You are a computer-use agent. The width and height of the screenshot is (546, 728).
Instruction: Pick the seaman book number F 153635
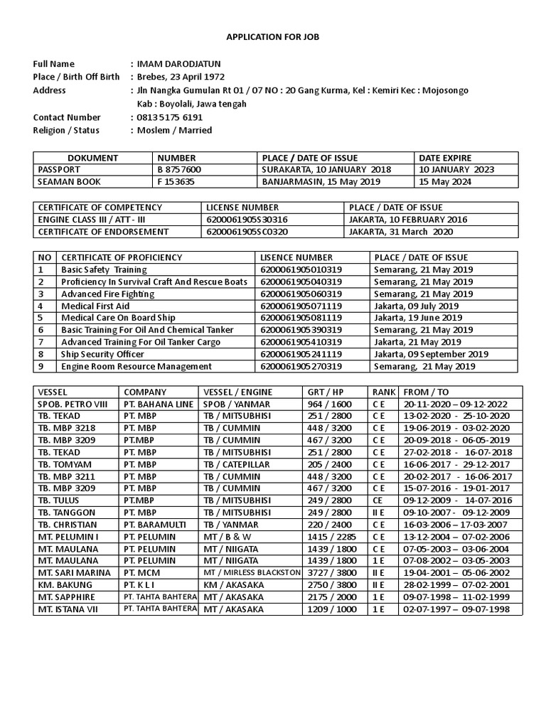pyautogui.click(x=174, y=182)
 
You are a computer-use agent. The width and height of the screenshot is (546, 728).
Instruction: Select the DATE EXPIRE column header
pyautogui.click(x=445, y=158)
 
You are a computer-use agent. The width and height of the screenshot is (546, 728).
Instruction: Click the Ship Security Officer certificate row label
pyautogui.click(x=103, y=354)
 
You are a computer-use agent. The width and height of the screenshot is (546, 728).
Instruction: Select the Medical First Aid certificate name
pyautogui.click(x=96, y=306)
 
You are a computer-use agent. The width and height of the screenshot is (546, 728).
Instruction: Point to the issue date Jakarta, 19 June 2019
pyautogui.click(x=417, y=318)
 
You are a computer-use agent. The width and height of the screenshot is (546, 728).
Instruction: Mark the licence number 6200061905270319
pyautogui.click(x=301, y=366)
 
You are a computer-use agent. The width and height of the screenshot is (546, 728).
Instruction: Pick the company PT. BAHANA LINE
pyautogui.click(x=157, y=404)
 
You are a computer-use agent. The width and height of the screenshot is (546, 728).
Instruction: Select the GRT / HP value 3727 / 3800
pyautogui.click(x=331, y=573)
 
